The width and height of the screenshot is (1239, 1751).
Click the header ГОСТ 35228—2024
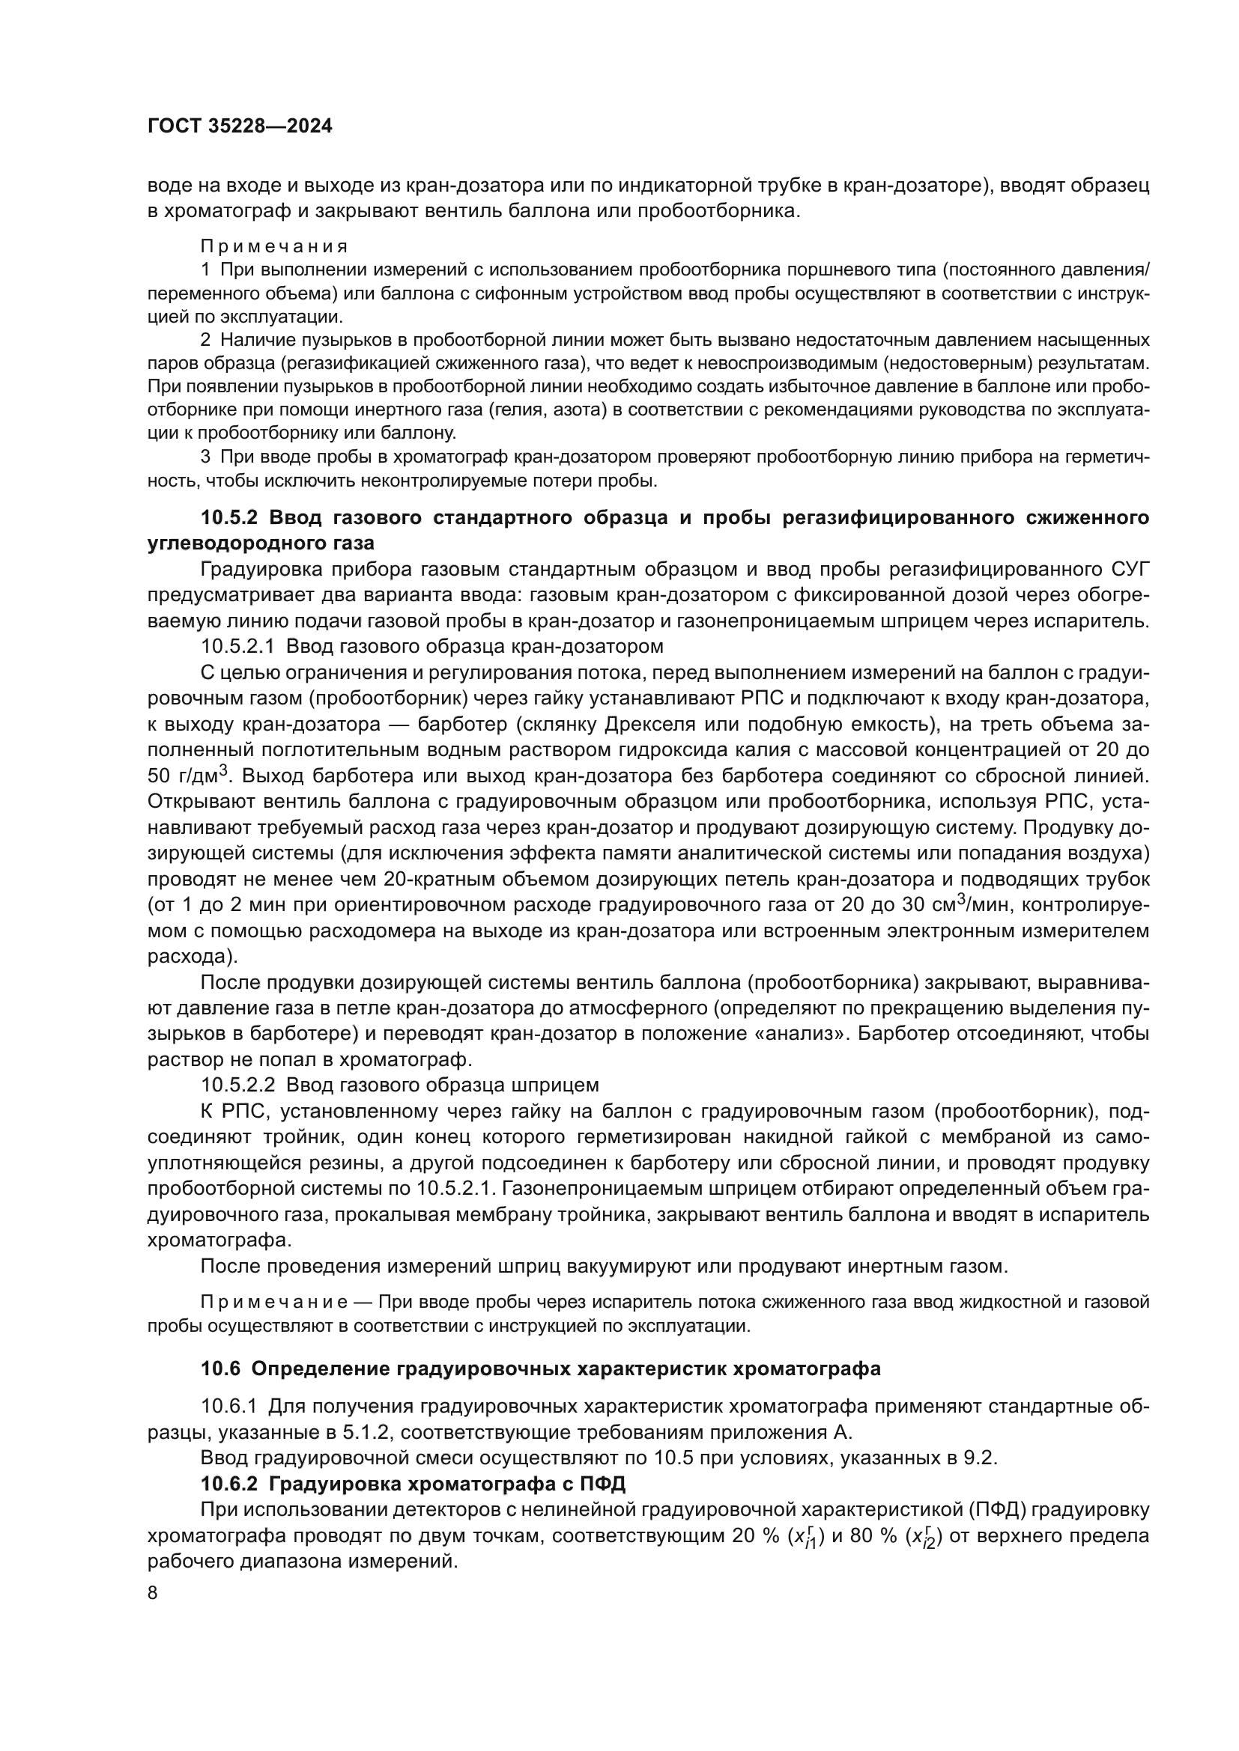tap(240, 127)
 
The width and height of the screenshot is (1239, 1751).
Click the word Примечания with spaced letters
tap(274, 246)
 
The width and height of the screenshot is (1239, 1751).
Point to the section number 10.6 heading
tap(220, 1368)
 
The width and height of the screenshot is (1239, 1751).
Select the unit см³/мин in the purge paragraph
tap(976, 904)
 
